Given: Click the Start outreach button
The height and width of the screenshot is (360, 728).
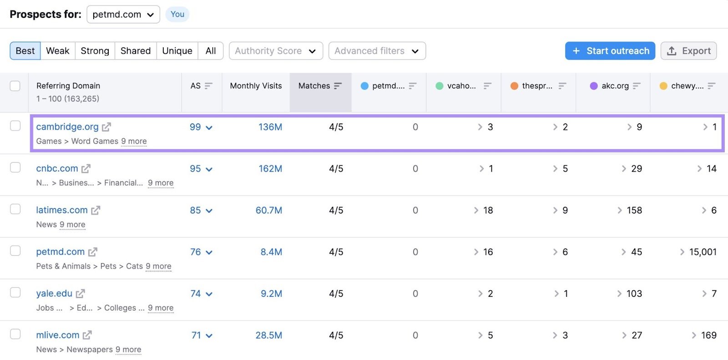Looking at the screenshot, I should tap(610, 51).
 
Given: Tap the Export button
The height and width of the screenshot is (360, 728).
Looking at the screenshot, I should tap(688, 51).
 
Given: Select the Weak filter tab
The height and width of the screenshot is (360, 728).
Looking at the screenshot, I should tap(58, 51).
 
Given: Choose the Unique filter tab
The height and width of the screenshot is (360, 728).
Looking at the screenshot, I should tap(177, 51).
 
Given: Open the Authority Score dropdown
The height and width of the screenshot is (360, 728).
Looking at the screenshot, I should tap(276, 51).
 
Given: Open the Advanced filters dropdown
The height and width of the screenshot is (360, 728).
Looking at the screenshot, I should tap(377, 51).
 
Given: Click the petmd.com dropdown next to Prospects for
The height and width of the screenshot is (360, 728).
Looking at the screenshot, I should tap(123, 15).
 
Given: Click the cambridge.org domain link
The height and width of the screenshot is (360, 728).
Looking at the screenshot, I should tap(67, 127).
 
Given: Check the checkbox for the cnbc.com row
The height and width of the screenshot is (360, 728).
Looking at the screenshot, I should tap(15, 167).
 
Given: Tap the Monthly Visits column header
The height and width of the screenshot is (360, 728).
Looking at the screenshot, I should tap(256, 86).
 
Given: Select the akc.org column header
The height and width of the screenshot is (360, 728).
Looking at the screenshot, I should tap(615, 86).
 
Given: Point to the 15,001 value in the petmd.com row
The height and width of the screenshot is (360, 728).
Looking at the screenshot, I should tap(703, 252).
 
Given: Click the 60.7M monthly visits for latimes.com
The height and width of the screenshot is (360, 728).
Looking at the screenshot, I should tap(268, 210).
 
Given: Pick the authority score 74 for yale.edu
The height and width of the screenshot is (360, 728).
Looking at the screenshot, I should tap(196, 294).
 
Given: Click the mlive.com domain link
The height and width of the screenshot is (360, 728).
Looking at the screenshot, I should tap(58, 335).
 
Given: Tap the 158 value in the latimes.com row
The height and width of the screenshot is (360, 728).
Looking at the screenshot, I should tap(634, 210).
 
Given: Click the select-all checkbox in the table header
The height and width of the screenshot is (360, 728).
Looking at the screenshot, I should tap(15, 86).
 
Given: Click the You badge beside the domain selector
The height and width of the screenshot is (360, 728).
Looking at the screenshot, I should tap(177, 15).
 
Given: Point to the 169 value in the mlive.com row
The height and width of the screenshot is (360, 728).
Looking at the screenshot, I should tap(708, 335).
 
